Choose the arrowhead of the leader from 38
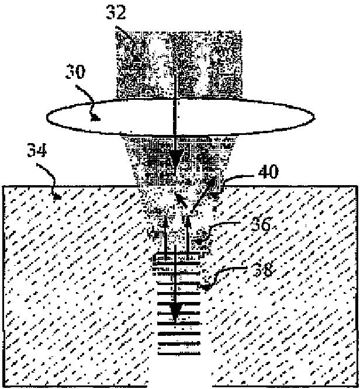coord(204,286)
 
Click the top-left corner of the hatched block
coord(4,186)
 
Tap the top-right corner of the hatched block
coord(356,186)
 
